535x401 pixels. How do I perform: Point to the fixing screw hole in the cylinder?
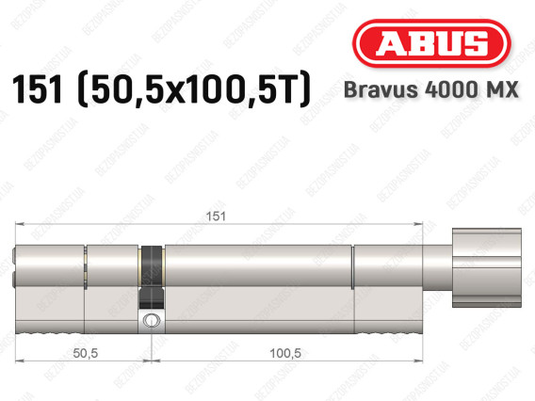coord(148,322)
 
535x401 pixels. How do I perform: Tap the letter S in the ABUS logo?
coord(477,44)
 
